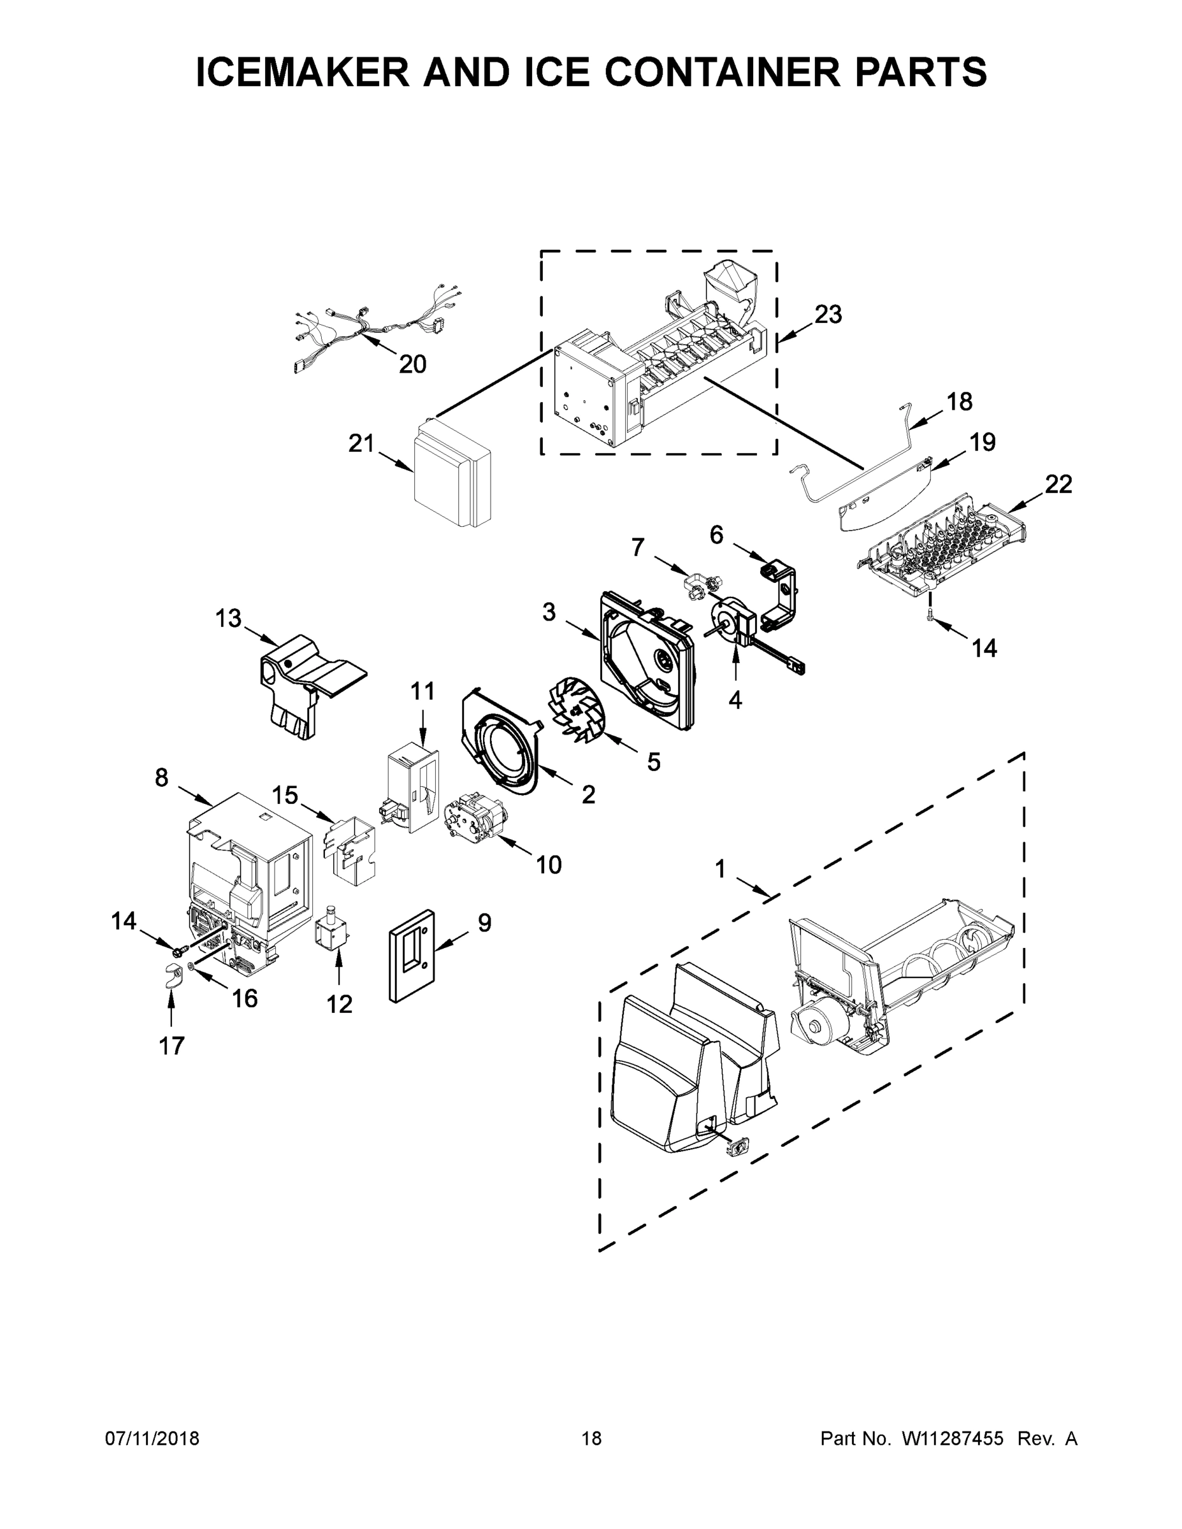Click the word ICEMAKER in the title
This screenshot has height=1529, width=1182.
(302, 72)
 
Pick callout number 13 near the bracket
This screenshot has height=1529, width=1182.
(228, 619)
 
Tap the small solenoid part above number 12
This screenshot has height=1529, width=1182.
(331, 932)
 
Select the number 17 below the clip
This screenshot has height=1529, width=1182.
(171, 1046)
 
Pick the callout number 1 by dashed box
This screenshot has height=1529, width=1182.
(720, 870)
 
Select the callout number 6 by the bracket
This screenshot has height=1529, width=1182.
(716, 535)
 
